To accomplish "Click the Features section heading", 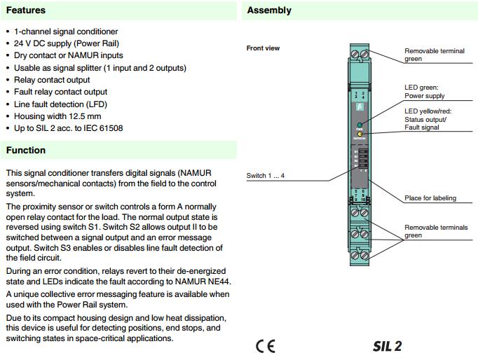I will coord(26,11).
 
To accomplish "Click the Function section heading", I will coord(26,150).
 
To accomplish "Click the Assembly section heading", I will coord(269,11).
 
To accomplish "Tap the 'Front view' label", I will coord(263,48).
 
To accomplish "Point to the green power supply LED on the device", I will coord(359,123).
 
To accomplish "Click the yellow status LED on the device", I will coord(359,134).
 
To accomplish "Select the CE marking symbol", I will coord(266,347).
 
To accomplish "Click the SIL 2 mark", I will coord(387,347).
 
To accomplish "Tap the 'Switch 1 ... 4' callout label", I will coord(266,175).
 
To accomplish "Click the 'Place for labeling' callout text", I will coord(430,198).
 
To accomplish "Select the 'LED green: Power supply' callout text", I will coord(424,92).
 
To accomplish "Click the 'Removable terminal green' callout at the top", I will coord(432,55).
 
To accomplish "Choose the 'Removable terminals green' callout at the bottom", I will coord(435,232).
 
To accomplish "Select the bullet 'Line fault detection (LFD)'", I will coord(61,103).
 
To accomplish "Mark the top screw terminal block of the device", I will coord(359,53).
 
